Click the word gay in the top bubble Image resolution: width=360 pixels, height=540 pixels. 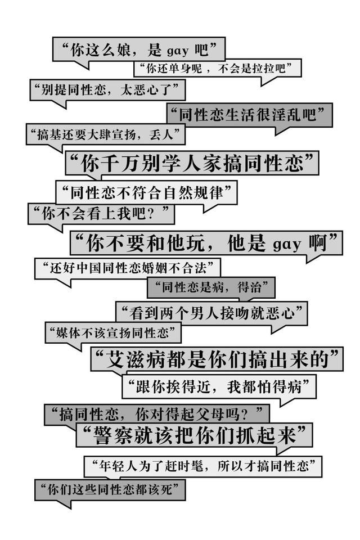click(x=178, y=52)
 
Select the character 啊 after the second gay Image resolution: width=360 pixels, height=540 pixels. click(x=318, y=243)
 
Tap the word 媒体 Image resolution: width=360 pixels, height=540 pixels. click(x=68, y=332)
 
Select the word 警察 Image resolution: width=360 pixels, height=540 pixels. click(x=112, y=435)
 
